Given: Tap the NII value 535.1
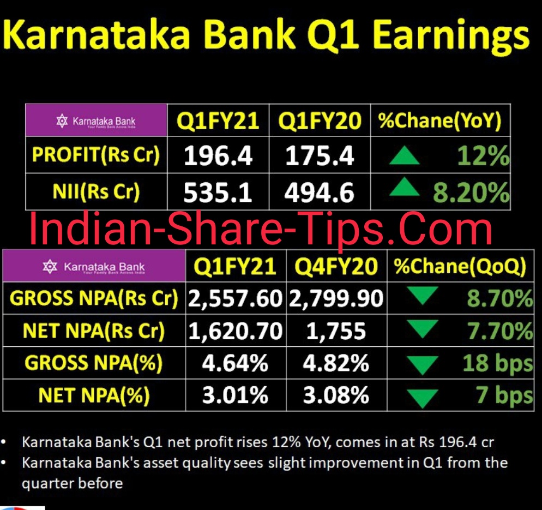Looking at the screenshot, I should [218, 193].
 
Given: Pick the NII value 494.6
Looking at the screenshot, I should [320, 193].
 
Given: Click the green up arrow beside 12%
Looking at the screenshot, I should [404, 158].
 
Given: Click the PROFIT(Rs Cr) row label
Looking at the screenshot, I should [96, 155].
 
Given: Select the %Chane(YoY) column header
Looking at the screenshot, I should [440, 121].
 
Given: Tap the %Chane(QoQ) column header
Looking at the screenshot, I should [460, 266].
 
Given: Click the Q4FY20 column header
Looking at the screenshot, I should [336, 267].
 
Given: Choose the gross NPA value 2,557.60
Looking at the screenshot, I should [236, 298].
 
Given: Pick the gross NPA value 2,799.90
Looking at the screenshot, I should [336, 298].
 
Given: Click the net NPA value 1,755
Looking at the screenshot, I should [336, 331].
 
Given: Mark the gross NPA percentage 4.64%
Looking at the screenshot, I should [235, 363].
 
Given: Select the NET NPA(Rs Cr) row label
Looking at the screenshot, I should [93, 331].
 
